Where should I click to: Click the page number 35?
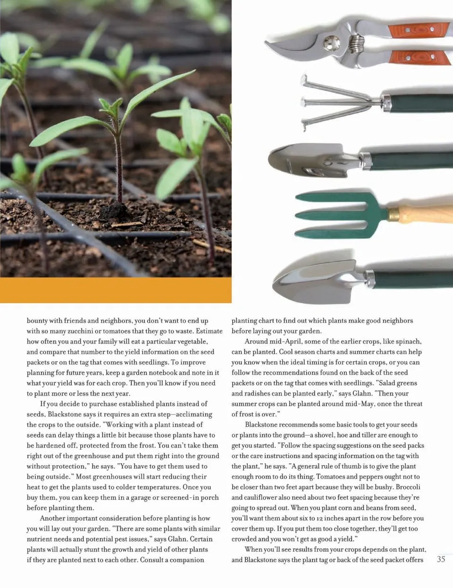point(441,559)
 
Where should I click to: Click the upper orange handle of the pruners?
point(419,29)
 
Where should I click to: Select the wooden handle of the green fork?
point(425,216)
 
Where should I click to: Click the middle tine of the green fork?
point(344,216)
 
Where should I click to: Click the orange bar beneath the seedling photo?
point(116,290)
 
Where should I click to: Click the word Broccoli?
point(408,487)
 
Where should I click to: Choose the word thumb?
point(351,466)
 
